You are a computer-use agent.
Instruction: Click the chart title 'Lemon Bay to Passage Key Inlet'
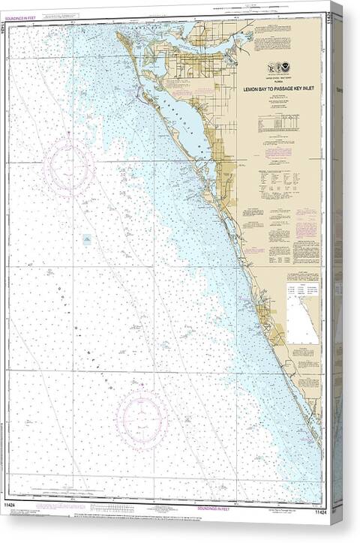pos(280,88)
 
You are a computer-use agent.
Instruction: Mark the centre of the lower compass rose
pos(142,414)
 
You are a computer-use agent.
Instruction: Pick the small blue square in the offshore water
pos(87,240)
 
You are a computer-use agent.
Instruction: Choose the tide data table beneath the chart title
pos(279,124)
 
